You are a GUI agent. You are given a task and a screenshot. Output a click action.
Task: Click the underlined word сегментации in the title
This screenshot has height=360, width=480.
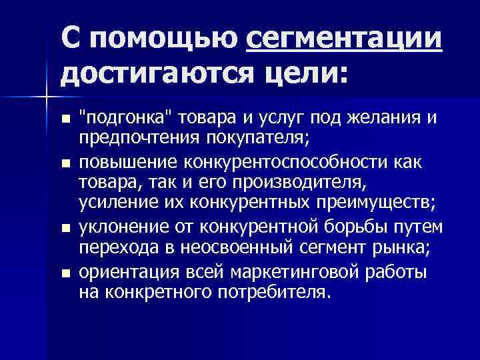(343, 40)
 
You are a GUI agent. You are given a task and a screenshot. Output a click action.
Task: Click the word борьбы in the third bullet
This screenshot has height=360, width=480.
(349, 227)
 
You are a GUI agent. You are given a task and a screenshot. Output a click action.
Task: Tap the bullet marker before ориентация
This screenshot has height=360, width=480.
(65, 273)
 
